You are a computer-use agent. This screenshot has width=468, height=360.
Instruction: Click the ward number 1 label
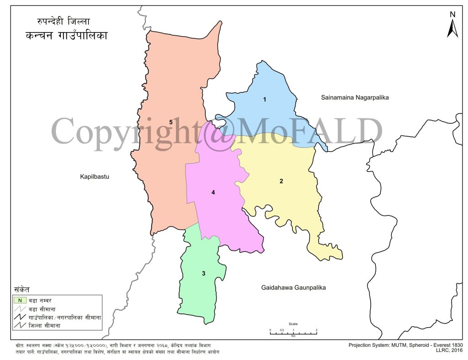point(264,99)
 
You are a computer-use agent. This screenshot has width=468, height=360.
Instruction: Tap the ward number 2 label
point(281,181)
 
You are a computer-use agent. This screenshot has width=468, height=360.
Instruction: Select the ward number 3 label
point(203,274)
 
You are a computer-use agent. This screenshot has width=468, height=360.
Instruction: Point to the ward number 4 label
point(213,193)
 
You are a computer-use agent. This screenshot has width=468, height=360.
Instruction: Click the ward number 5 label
point(170,122)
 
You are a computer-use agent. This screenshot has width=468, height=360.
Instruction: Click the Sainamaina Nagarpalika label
point(354,97)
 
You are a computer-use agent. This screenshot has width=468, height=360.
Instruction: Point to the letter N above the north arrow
point(452,14)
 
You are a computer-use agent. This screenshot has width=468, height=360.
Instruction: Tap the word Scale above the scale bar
point(293,324)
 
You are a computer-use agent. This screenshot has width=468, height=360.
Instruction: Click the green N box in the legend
point(20,300)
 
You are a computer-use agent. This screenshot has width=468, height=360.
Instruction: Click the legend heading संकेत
point(22,290)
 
